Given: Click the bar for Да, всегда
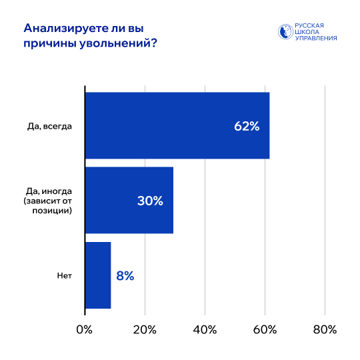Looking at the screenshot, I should (x=177, y=125).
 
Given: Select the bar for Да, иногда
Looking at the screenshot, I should (x=129, y=200).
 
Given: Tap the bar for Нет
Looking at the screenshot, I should (x=98, y=275).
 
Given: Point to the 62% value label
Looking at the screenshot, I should (x=246, y=126).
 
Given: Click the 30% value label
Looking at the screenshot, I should (x=150, y=201).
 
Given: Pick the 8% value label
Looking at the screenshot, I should (x=125, y=275).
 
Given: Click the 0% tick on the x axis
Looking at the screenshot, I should (x=85, y=329).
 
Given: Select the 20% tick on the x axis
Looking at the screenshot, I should (x=145, y=329).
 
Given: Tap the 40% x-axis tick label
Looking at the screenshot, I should (x=205, y=329).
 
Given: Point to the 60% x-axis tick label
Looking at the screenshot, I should (x=265, y=329).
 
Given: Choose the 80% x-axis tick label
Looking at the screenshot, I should (x=325, y=329).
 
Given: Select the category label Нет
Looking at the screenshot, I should (x=64, y=275).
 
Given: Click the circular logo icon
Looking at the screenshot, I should (x=285, y=32).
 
